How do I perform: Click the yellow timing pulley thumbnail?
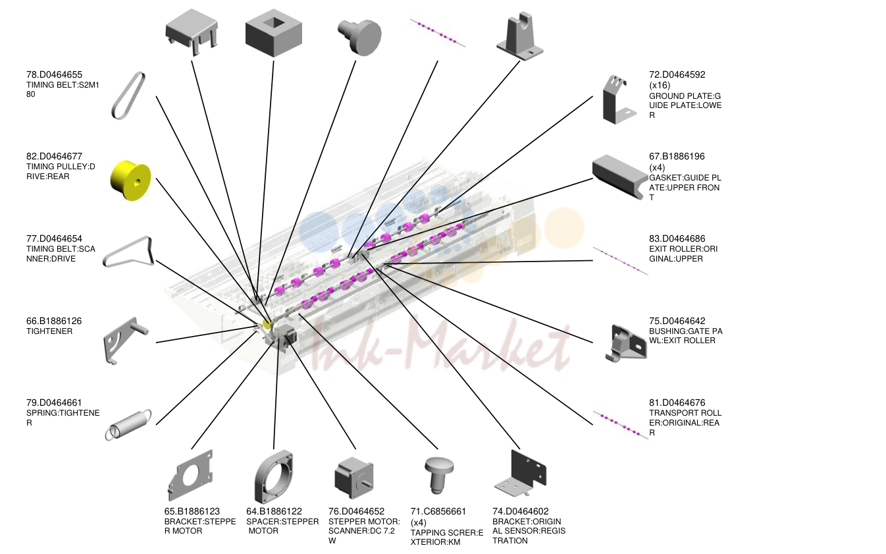click(x=130, y=180)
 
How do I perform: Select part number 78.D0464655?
click(x=54, y=75)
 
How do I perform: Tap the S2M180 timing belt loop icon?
click(x=128, y=96)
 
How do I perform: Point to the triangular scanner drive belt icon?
click(x=129, y=252)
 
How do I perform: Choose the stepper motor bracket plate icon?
click(x=191, y=475)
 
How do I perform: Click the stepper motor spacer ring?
click(x=274, y=476)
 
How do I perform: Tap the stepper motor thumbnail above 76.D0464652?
click(x=354, y=478)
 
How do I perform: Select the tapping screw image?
click(x=438, y=474)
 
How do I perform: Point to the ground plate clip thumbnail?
click(x=617, y=99)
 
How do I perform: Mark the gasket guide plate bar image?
click(x=619, y=176)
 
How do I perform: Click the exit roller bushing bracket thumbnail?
click(x=627, y=343)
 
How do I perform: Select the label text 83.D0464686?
click(x=677, y=238)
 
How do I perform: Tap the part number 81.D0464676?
click(x=677, y=403)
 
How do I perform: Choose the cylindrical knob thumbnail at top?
click(x=360, y=37)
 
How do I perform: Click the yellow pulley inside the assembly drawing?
click(x=267, y=325)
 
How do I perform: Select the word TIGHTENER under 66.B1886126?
click(x=49, y=331)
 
